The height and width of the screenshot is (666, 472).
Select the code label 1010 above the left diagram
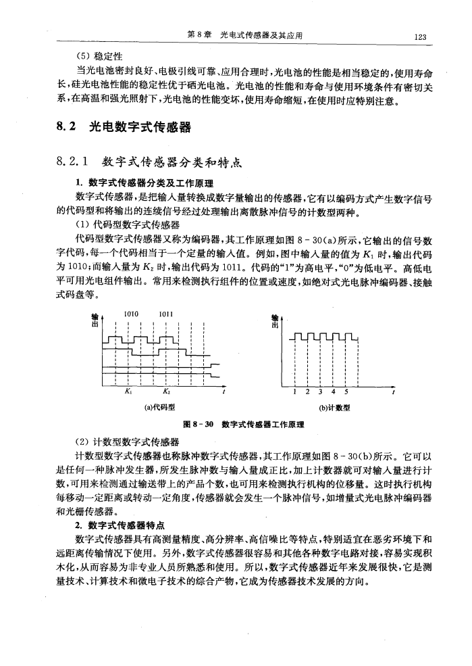[132, 313]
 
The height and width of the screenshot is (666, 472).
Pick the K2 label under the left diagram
[166, 390]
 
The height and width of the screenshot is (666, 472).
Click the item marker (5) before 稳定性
[84, 55]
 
